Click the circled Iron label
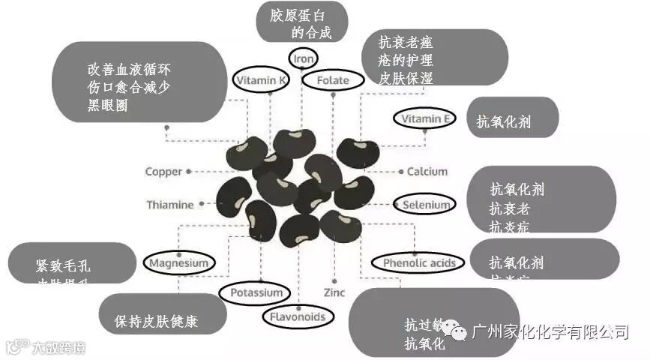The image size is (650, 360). (303, 58)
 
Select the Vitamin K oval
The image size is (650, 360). (261, 80)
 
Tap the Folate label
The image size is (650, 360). (332, 80)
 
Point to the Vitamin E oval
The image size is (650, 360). (425, 119)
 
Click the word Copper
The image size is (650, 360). (163, 172)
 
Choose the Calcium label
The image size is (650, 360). (427, 172)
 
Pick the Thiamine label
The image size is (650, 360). (169, 205)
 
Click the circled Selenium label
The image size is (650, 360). (425, 205)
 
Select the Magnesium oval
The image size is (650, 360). (178, 263)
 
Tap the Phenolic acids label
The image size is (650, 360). (418, 263)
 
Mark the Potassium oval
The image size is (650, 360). (256, 292)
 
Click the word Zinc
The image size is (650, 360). (334, 292)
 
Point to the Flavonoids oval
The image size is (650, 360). (298, 316)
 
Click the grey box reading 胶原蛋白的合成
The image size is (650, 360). (301, 22)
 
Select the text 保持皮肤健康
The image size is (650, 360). (156, 322)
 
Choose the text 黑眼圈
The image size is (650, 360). (107, 106)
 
